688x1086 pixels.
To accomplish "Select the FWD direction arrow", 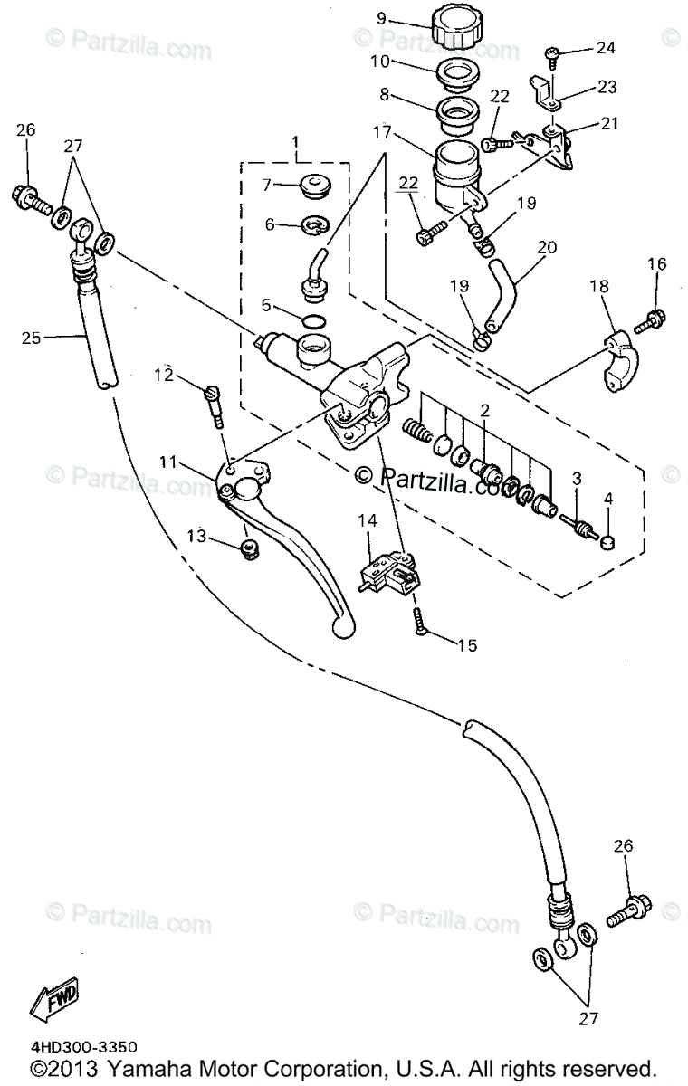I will coord(55,1001).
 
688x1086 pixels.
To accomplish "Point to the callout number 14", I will coord(370,521).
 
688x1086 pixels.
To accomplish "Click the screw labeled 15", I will coord(420,621).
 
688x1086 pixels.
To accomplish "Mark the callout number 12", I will coord(162,374).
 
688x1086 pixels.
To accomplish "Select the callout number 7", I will coord(266,186).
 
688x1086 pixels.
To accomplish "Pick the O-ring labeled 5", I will coord(314,321).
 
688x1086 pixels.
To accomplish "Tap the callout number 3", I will coord(578,478).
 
